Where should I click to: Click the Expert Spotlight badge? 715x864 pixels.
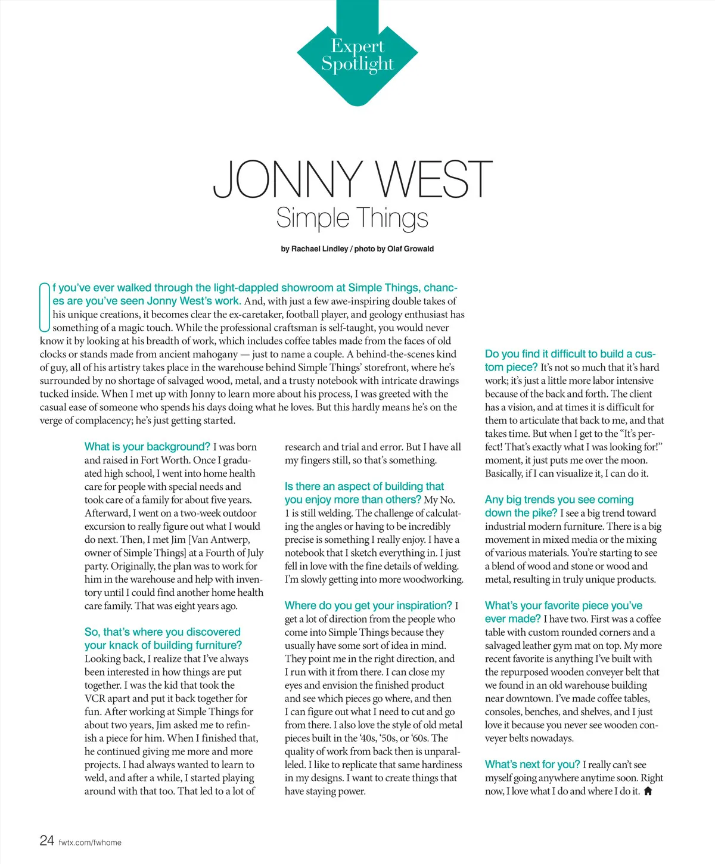click(357, 55)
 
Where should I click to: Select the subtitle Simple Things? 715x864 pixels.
click(352, 218)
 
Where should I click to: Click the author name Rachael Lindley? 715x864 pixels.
click(319, 249)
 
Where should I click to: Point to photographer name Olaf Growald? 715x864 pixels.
click(411, 249)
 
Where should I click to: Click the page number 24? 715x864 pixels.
click(46, 841)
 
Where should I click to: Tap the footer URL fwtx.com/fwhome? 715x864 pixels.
click(90, 843)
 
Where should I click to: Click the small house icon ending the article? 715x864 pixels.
click(648, 791)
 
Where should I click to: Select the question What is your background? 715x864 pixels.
click(147, 447)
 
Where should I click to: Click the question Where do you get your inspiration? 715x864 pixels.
click(368, 605)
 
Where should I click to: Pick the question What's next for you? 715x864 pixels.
click(532, 764)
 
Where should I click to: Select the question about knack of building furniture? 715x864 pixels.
click(163, 639)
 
